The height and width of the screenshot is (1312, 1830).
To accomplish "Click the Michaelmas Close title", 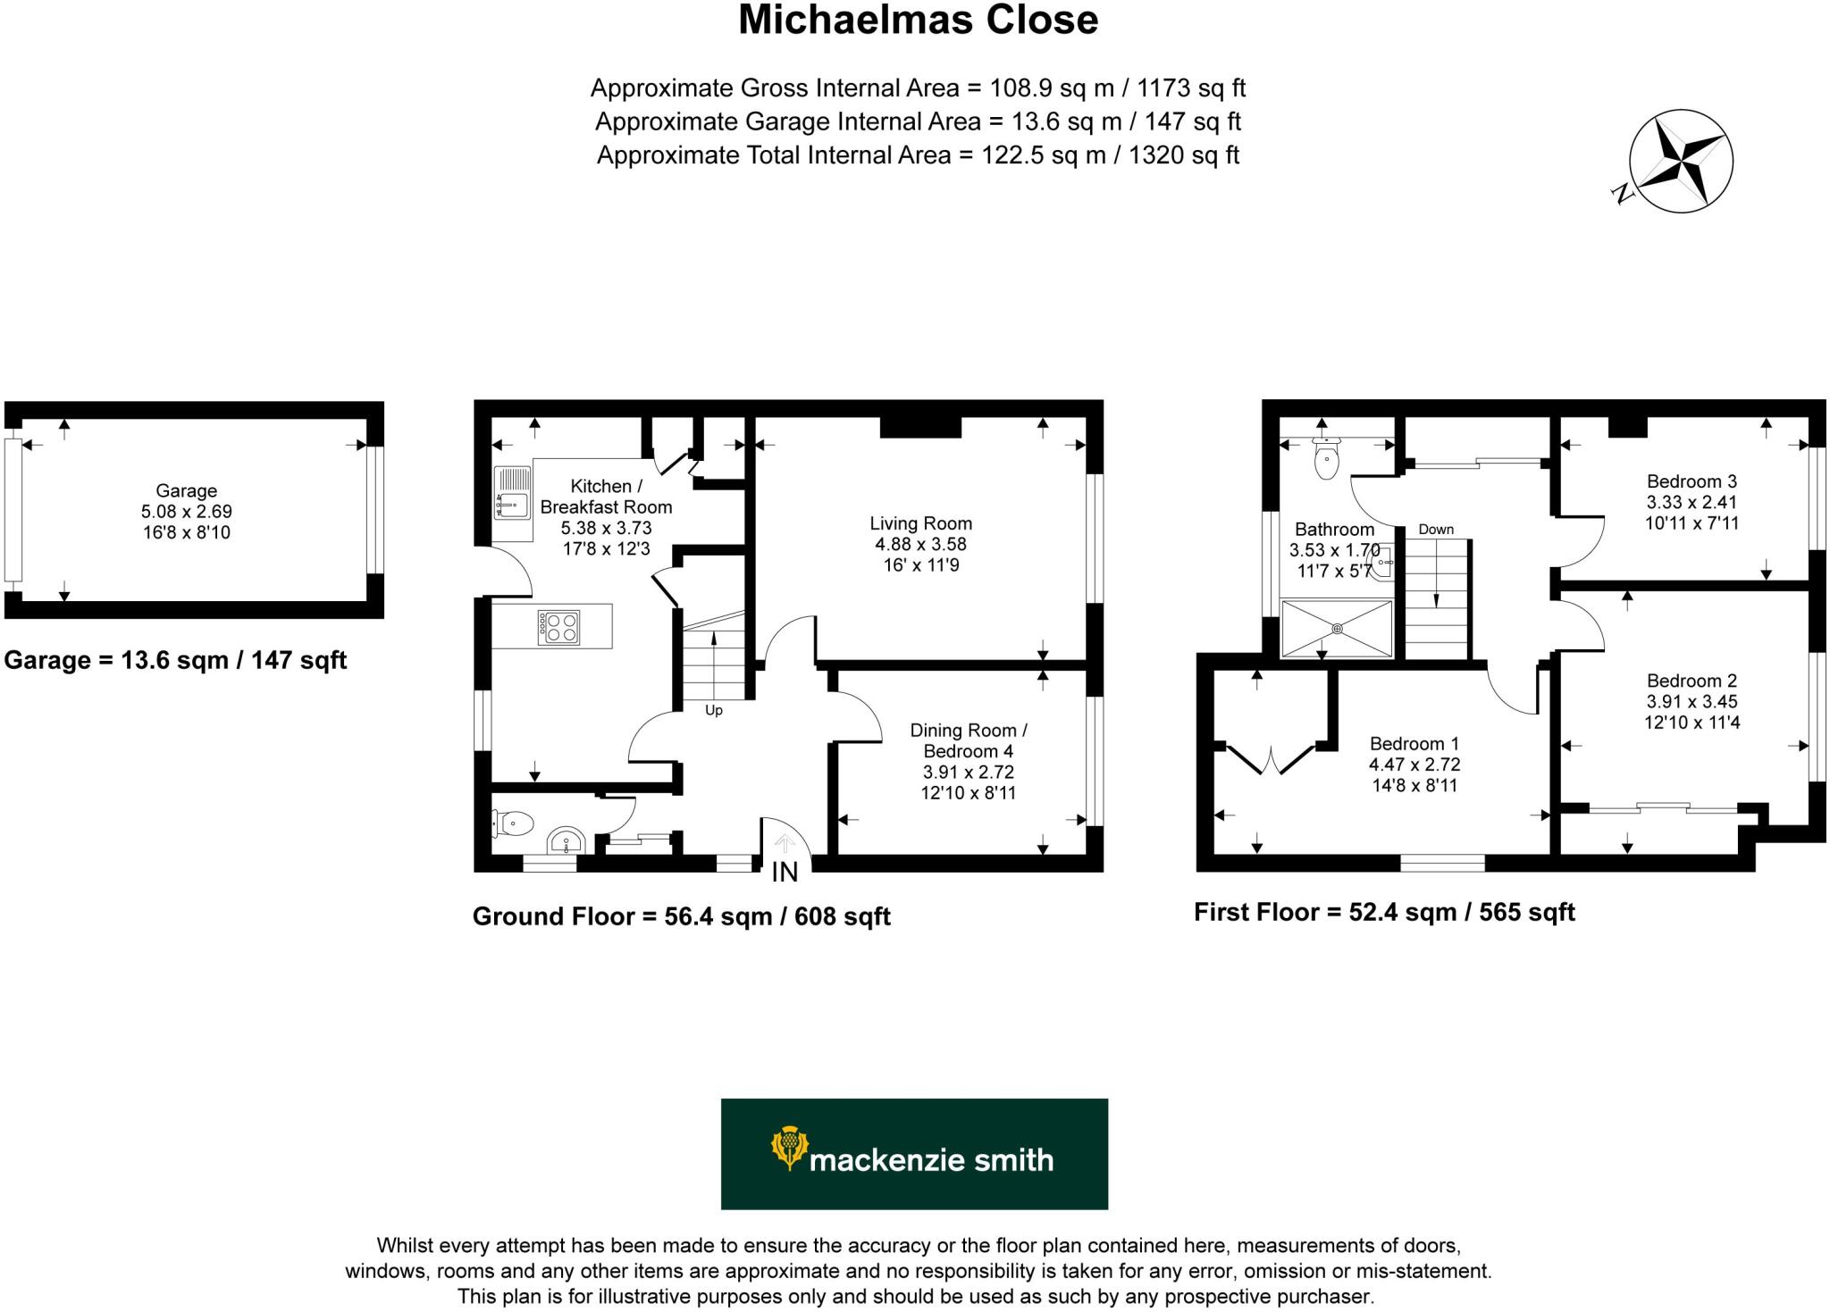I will tap(918, 21).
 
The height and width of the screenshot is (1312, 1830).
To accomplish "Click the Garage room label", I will tap(186, 490).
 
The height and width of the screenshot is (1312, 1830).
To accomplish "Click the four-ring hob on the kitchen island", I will tap(559, 625).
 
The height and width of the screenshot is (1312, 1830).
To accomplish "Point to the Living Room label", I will tap(920, 523).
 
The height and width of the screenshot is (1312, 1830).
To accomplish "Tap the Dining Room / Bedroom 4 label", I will tap(968, 740).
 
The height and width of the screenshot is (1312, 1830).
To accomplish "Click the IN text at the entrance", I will tap(785, 873).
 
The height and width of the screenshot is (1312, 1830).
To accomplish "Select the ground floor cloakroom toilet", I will tap(514, 823).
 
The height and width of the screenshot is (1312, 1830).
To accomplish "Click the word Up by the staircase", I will tap(713, 711).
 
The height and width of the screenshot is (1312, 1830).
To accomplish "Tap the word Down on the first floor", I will tap(1435, 530).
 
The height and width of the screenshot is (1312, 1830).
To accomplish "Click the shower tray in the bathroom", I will tap(1337, 629).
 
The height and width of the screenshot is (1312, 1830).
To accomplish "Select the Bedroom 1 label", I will tap(1414, 743).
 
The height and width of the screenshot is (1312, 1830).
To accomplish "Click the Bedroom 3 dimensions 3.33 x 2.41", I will tap(1691, 502).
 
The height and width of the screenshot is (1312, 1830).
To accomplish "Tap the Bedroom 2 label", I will tap(1691, 681).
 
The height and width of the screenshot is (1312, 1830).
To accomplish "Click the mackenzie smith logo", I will tap(914, 1153).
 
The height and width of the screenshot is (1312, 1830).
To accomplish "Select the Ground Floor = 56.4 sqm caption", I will tap(681, 916).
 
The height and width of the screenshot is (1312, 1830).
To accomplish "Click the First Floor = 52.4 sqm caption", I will tap(1384, 912).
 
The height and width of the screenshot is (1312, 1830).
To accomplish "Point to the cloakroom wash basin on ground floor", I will tap(565, 841).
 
